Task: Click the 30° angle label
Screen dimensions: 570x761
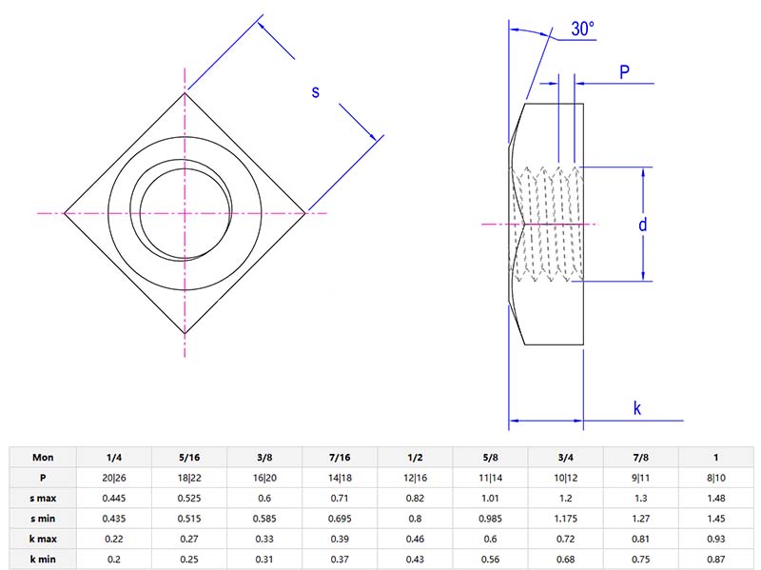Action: click(x=583, y=29)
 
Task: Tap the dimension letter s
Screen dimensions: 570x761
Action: click(x=317, y=91)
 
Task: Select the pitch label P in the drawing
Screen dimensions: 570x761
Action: click(x=624, y=72)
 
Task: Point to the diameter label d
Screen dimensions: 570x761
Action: click(x=643, y=225)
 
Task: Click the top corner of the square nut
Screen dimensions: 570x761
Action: click(x=185, y=92)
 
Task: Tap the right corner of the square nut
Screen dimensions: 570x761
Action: click(x=306, y=213)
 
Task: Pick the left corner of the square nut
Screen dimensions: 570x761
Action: click(x=64, y=213)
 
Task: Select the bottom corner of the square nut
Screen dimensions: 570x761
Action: click(x=185, y=335)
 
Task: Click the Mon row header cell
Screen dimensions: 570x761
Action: click(x=43, y=456)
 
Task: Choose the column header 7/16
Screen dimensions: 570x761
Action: click(x=341, y=456)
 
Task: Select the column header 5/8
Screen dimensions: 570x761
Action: click(x=491, y=456)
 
